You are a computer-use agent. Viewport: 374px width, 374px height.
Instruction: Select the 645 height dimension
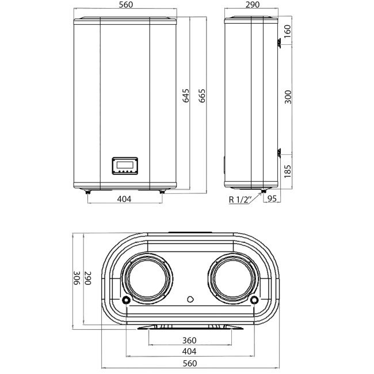click(x=186, y=96)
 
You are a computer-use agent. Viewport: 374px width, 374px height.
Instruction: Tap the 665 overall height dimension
click(x=202, y=96)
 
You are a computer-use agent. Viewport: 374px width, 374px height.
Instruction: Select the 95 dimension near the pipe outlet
click(x=273, y=200)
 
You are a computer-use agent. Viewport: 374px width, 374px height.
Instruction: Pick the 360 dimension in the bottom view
click(x=189, y=341)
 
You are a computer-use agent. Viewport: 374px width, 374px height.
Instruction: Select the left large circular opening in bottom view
click(x=148, y=279)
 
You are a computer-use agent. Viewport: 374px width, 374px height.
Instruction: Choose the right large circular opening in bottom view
click(x=231, y=279)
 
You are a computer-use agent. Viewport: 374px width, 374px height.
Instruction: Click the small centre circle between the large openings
click(x=190, y=299)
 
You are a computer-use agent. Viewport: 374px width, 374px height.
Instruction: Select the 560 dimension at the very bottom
click(x=189, y=363)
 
